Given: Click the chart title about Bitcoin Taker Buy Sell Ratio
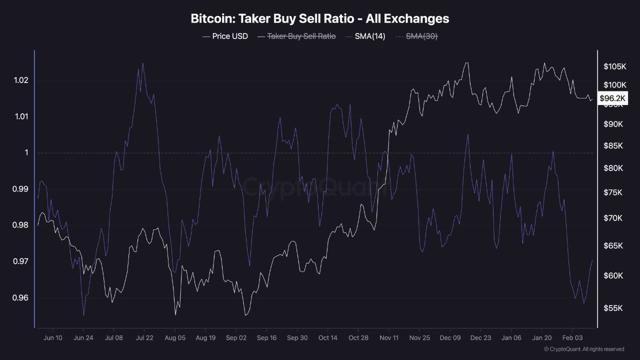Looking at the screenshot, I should point(320,19).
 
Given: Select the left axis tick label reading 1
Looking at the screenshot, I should point(26,153).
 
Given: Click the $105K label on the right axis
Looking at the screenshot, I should point(614,67).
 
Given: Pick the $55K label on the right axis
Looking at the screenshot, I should point(613,308).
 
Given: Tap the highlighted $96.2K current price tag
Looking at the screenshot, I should point(613,98).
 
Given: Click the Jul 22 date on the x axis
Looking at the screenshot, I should point(144,338).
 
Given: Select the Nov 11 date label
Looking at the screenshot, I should point(389,338).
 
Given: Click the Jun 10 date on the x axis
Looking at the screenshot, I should point(52,338).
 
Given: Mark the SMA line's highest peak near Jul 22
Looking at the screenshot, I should point(142,63).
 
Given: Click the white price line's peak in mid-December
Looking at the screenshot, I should point(467,63).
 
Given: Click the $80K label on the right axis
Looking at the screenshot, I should point(613,168).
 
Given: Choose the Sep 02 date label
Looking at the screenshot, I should point(236,338).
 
